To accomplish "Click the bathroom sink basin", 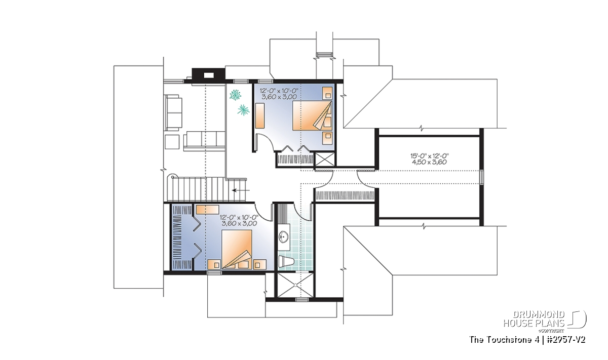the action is [284, 237].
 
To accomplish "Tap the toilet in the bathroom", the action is [286, 262].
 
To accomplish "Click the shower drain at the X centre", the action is [295, 285].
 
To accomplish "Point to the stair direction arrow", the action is [241, 190].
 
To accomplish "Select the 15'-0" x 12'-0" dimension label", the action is [430, 156].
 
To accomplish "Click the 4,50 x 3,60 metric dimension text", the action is [430, 162].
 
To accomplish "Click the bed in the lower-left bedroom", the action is [237, 249].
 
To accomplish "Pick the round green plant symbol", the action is [235, 95].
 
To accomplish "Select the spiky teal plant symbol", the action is [244, 110].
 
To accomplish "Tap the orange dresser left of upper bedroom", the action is [260, 115].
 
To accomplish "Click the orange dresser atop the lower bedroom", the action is [207, 210].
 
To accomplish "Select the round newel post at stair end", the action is [172, 177].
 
